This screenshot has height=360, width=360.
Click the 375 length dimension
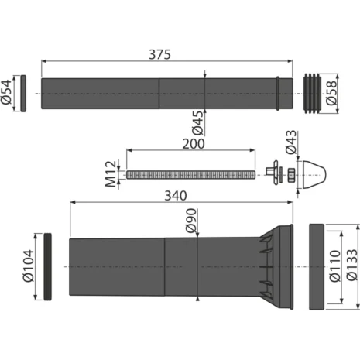point(159,54)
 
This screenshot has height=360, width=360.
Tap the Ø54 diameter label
point(6,92)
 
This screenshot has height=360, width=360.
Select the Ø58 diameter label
point(331,93)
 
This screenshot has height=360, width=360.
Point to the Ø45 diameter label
point(198,123)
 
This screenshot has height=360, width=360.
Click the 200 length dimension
point(194,144)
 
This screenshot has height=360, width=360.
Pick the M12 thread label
point(111,173)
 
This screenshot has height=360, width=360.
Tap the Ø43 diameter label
point(291,142)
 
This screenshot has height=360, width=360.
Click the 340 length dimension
point(176,196)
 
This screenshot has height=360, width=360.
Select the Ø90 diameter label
point(191,221)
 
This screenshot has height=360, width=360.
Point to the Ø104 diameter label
point(29,266)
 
